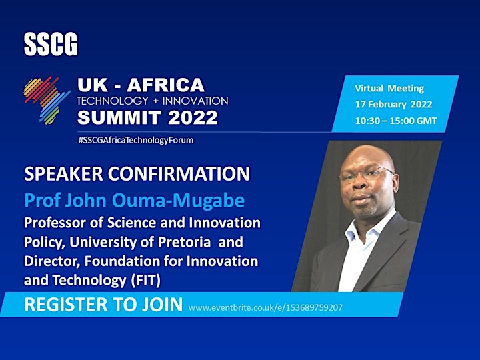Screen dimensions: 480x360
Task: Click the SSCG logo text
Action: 51,45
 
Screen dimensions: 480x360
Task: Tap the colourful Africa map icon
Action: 47,101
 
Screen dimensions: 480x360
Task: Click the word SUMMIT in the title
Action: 119,117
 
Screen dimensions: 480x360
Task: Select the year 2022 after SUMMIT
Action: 193,117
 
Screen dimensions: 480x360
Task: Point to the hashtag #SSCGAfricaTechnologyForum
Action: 136,141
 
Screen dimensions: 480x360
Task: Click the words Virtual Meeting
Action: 389,89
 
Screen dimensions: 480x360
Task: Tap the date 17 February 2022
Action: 394,105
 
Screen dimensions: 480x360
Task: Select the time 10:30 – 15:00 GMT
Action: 396,121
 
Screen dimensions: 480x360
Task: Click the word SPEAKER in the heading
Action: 63,174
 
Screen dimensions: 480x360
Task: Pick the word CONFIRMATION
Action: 179,174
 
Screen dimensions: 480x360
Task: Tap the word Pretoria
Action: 184,242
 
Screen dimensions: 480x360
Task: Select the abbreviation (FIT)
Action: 146,281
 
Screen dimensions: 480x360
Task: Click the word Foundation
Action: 122,261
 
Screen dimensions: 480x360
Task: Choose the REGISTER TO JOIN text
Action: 103,305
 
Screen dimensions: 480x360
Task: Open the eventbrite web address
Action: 265,307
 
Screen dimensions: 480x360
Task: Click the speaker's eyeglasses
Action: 367,173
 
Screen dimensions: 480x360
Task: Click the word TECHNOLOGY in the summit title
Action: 113,101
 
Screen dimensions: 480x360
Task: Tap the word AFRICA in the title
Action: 165,85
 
